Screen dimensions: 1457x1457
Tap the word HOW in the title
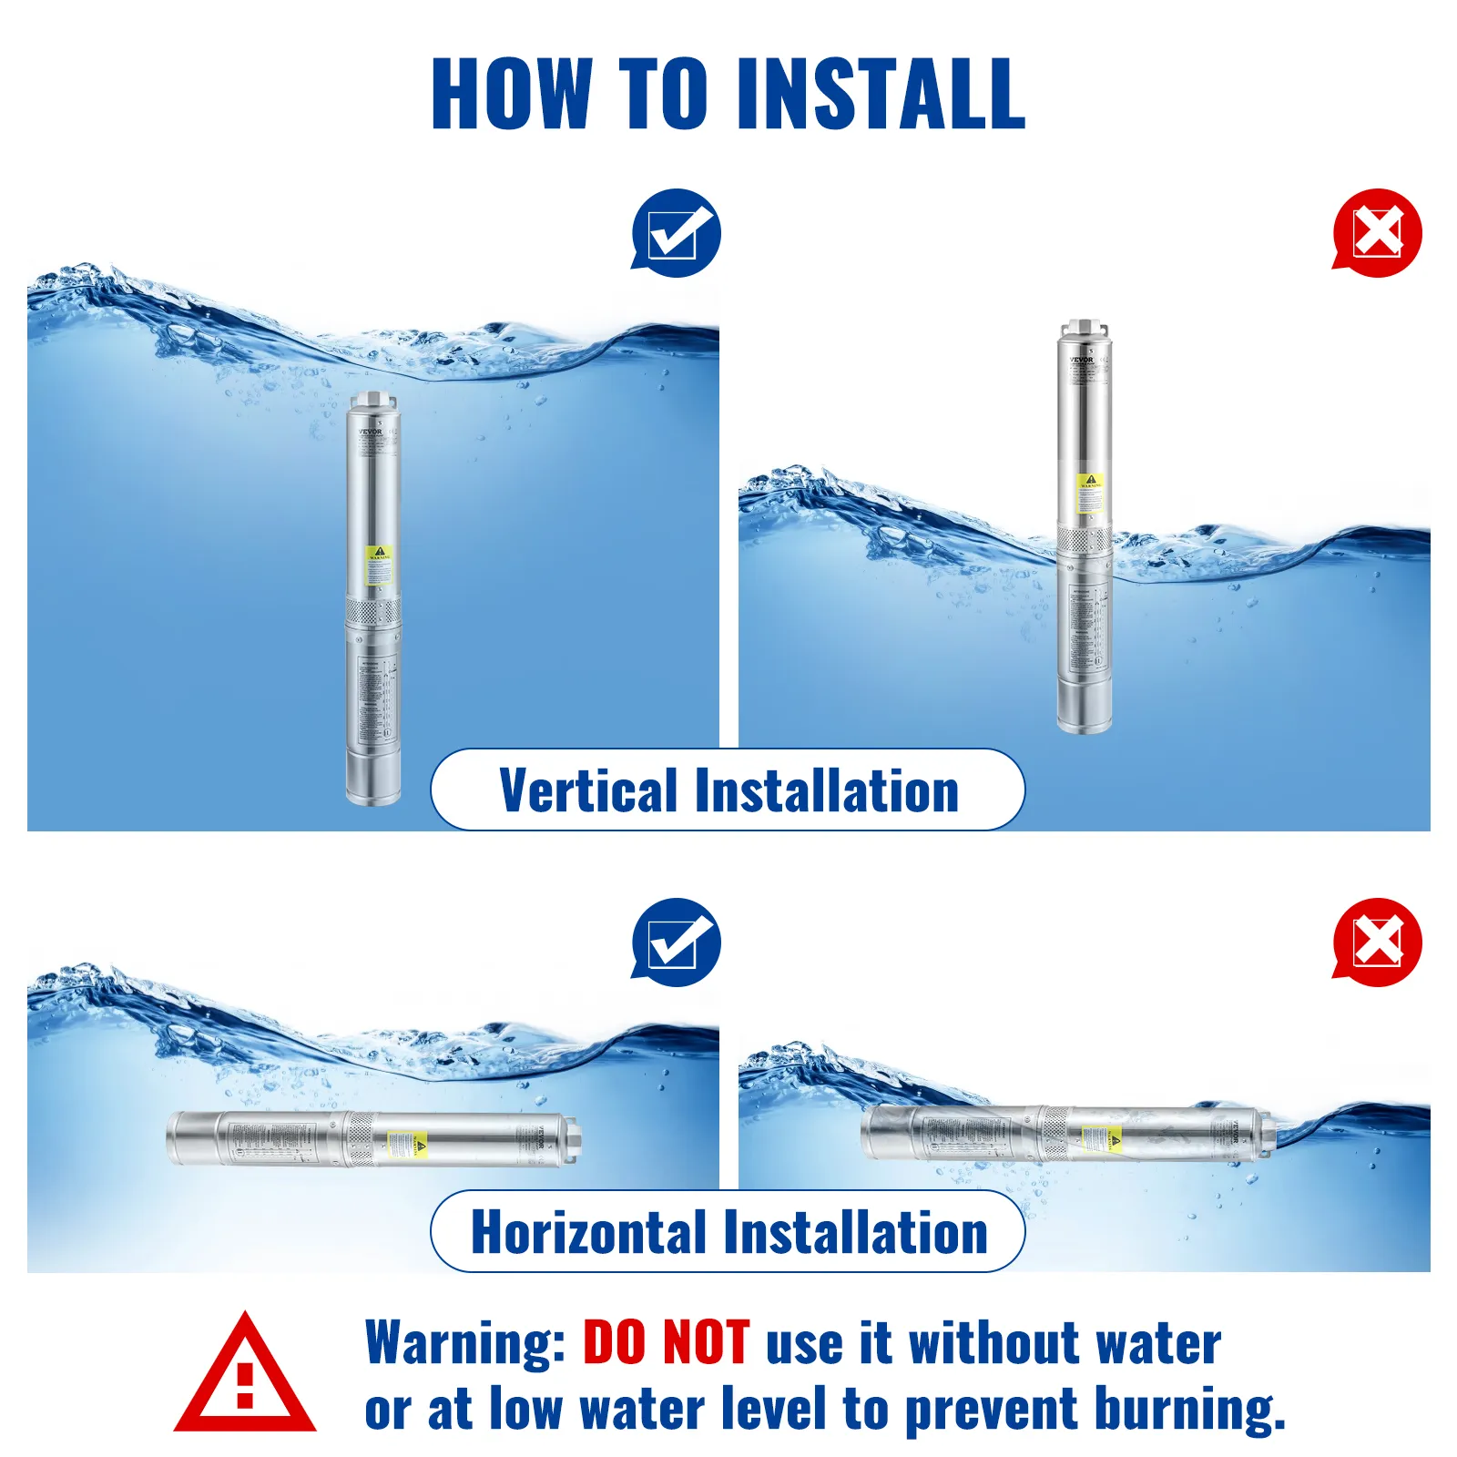click(512, 93)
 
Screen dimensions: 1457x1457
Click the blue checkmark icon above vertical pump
click(676, 233)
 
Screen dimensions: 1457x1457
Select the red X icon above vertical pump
click(1377, 233)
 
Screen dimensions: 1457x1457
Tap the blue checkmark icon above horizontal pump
click(676, 942)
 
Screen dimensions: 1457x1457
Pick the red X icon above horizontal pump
click(1377, 942)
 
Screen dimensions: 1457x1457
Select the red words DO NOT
click(666, 1343)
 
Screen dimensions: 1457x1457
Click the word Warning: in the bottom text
click(465, 1343)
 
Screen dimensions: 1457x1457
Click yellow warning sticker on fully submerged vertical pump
click(379, 565)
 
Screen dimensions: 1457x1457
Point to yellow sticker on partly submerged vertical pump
click(1090, 492)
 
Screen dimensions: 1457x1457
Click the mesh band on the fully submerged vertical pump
click(372, 610)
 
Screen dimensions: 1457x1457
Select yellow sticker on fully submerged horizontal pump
click(408, 1145)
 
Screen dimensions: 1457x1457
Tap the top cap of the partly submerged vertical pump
click(1084, 329)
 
